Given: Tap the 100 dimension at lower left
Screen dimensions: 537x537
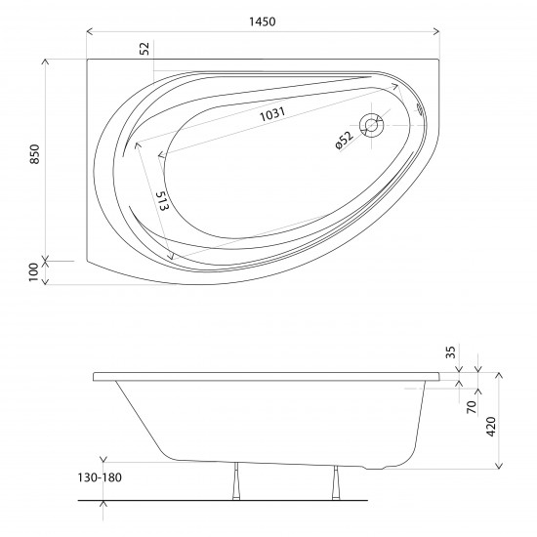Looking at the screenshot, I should coord(34,270).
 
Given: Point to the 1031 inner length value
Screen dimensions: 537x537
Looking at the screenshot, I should coord(273,115).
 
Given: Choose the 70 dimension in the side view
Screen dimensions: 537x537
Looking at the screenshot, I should coord(470,406).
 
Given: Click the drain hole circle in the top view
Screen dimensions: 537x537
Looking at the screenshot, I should coord(371,124).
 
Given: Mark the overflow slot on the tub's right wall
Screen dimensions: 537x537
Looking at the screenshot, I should coord(422,111).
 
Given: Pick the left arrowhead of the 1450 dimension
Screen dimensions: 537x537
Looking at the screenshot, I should coord(91,31).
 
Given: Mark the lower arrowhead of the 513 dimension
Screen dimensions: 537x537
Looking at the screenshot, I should coord(172,257).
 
